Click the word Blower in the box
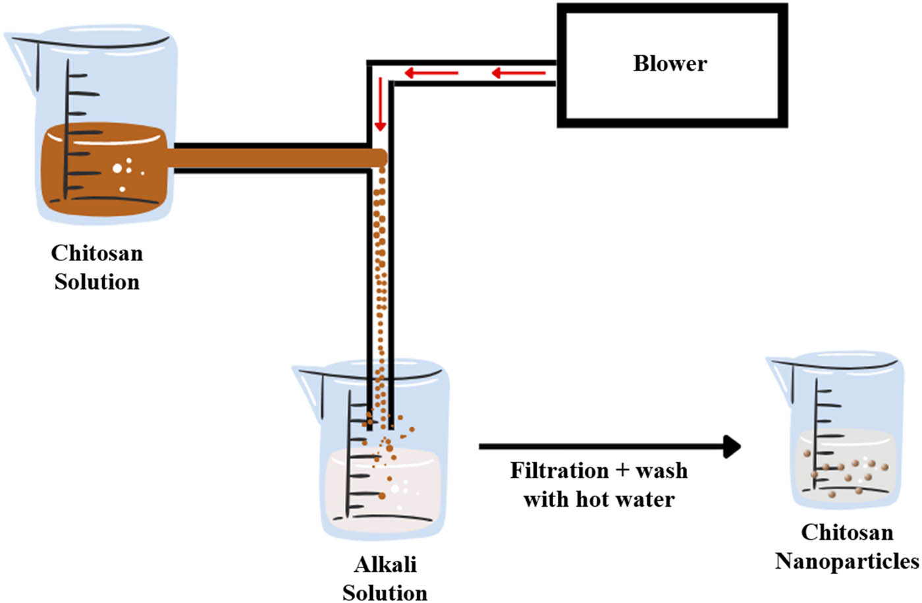tap(670, 63)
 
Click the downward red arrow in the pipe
tap(380, 105)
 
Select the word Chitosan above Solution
tap(97, 253)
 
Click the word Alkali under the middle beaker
tap(385, 565)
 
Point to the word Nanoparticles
tap(846, 561)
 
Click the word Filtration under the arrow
tap(559, 471)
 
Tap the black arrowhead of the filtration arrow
tap(731, 446)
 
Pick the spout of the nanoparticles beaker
tap(778, 366)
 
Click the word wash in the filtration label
tap(661, 471)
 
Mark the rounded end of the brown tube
tap(380, 158)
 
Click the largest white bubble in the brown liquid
tap(117, 169)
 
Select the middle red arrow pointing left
tap(431, 72)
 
